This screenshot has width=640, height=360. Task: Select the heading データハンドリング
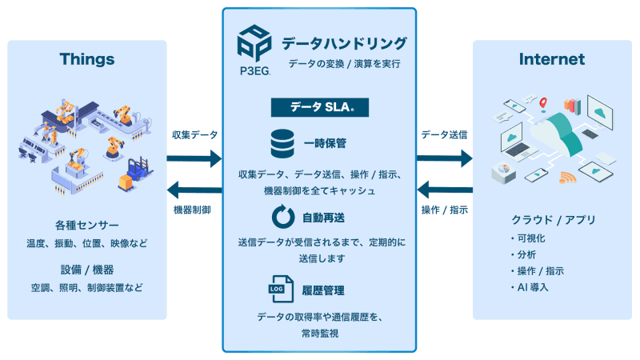coord(344,42)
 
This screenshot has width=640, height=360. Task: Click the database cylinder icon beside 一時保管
coord(281,144)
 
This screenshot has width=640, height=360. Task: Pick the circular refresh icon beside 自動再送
coord(281,217)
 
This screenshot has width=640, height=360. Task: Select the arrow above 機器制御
coord(194,190)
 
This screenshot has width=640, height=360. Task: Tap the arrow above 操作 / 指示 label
coord(446,190)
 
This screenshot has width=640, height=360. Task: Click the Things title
coord(87,59)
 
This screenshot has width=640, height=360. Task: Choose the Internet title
coord(552,59)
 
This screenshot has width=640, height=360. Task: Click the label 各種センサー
coord(87,225)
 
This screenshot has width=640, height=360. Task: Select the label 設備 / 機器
coord(87,269)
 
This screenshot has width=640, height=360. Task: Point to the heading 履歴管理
coord(324,290)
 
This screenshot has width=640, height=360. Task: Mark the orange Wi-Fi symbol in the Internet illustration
coord(567,178)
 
